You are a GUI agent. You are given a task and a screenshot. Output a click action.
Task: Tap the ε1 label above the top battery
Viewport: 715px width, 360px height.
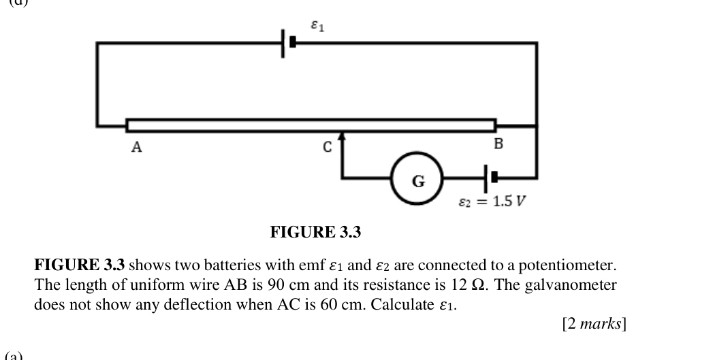pyautogui.click(x=317, y=27)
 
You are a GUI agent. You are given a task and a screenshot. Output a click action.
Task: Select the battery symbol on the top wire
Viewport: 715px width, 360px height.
pyautogui.click(x=289, y=42)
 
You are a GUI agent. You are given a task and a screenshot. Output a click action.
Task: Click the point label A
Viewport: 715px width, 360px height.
pyautogui.click(x=136, y=147)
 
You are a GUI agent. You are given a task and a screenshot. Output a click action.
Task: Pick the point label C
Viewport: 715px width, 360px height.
pyautogui.click(x=328, y=147)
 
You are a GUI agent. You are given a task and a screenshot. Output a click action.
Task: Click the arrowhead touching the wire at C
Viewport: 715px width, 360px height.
pyautogui.click(x=342, y=139)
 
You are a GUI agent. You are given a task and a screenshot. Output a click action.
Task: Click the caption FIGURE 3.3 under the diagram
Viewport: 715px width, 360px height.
pyautogui.click(x=315, y=233)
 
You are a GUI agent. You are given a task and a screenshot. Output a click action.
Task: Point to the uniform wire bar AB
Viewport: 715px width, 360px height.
pyautogui.click(x=311, y=125)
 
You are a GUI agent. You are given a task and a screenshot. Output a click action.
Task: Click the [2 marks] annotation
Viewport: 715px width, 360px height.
pyautogui.click(x=594, y=324)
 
